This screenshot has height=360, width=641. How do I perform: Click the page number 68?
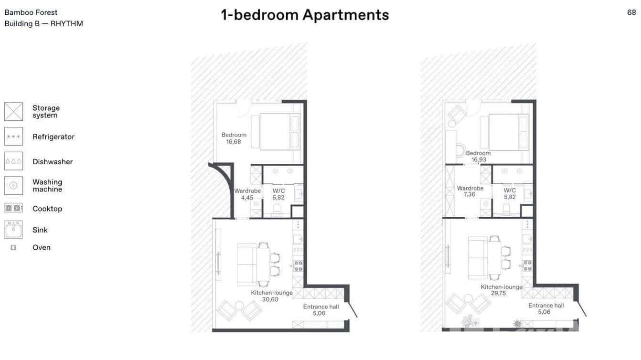pyautogui.click(x=631, y=13)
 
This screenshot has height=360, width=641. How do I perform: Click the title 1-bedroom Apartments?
pyautogui.click(x=305, y=15)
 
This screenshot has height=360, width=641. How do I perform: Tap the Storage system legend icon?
pyautogui.click(x=13, y=111)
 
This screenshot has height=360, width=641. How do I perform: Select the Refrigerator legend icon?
pyautogui.click(x=13, y=137)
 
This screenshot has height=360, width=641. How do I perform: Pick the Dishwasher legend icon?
pyautogui.click(x=13, y=161)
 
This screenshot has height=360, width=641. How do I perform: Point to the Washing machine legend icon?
pyautogui.click(x=13, y=185)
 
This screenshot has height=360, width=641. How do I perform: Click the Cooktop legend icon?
pyautogui.click(x=13, y=208)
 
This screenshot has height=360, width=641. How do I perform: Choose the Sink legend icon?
pyautogui.click(x=13, y=229)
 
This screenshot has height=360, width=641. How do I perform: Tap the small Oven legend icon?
pyautogui.click(x=13, y=247)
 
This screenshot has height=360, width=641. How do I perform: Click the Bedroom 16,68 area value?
pyautogui.click(x=234, y=142)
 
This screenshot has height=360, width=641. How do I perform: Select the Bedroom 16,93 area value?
pyautogui.click(x=478, y=160)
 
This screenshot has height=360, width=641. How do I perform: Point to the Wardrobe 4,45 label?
pyautogui.click(x=247, y=194)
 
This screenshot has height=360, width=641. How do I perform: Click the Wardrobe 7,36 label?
pyautogui.click(x=470, y=191)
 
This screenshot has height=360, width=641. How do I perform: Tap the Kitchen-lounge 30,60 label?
pyautogui.click(x=271, y=296)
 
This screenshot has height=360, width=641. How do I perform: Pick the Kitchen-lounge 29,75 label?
pyautogui.click(x=501, y=290)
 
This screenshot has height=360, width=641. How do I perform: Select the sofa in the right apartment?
pyautogui.click(x=477, y=258)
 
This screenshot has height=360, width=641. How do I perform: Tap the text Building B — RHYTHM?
pyautogui.click(x=43, y=23)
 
